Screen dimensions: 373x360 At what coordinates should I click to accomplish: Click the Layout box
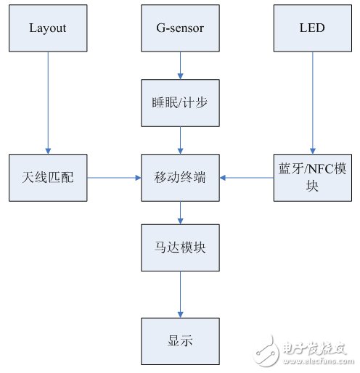coord(47,28)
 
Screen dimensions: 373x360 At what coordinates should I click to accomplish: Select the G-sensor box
coord(180,28)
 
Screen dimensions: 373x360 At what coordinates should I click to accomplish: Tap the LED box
coord(313,28)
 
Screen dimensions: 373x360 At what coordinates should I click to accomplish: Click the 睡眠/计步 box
coord(180,102)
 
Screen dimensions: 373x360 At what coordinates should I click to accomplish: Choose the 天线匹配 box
coord(47,177)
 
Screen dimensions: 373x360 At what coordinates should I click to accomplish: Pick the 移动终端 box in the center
coord(180,177)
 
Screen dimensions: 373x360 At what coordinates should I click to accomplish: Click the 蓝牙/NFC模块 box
coord(313,177)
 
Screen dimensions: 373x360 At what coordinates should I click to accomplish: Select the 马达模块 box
coord(180,247)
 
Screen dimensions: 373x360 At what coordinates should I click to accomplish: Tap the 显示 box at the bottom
coord(180,340)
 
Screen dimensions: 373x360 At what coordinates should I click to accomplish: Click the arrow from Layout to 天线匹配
coord(47,102)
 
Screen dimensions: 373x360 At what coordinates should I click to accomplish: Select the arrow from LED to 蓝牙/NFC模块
coord(313,102)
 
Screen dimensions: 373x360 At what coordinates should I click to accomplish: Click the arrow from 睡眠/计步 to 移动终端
coord(180,139)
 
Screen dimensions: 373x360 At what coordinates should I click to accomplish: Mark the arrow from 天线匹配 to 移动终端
coord(113,177)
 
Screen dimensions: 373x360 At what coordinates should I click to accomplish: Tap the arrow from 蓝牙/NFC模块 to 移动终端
coord(247,177)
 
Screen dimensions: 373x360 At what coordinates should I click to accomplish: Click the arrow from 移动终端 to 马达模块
coord(180,212)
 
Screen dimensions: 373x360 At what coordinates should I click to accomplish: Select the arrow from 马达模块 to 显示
coord(180,293)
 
